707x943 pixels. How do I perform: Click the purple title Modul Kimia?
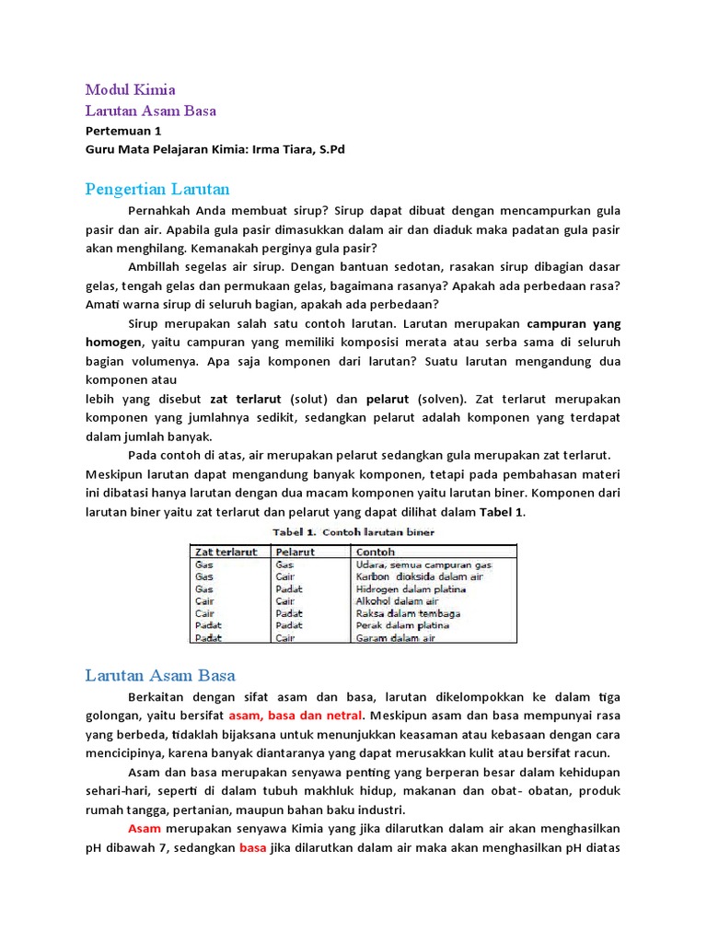[x=130, y=89]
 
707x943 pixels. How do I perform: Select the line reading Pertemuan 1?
[x=122, y=131]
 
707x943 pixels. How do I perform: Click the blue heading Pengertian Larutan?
[x=157, y=190]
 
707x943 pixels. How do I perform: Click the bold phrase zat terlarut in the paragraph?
[x=248, y=399]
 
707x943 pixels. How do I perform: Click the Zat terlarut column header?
[x=226, y=552]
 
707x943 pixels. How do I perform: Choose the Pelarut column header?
[x=296, y=552]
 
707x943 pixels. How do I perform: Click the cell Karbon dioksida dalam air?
[x=419, y=576]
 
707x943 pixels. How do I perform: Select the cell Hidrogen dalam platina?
[x=411, y=588]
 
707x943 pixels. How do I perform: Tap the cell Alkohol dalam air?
[x=399, y=600]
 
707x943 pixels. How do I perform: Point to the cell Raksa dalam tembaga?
[x=408, y=613]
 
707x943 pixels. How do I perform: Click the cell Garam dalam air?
[x=396, y=637]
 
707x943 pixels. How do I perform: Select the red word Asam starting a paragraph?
[x=145, y=829]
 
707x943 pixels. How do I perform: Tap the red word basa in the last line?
[x=253, y=847]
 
